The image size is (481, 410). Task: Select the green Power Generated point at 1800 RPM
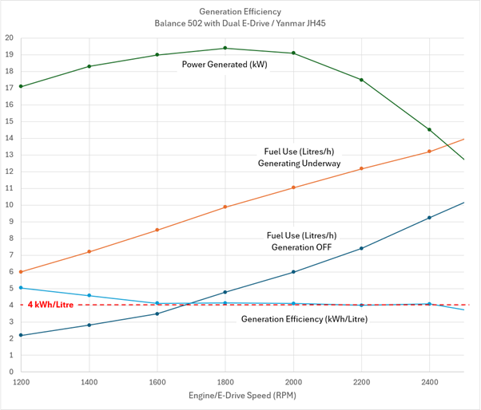(x=225, y=48)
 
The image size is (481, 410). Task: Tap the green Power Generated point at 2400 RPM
(x=430, y=129)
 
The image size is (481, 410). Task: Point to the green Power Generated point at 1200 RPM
(x=22, y=86)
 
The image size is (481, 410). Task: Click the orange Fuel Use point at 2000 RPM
(x=293, y=187)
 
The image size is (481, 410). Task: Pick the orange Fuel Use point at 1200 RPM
(x=22, y=271)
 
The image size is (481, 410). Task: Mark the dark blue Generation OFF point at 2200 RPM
(x=361, y=248)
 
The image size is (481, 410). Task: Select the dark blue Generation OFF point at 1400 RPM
(x=89, y=325)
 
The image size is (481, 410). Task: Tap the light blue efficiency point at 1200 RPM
(x=22, y=288)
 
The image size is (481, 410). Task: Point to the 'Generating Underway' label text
(x=299, y=164)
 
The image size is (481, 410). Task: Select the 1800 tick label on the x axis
(x=225, y=382)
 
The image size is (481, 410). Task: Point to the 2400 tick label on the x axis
(x=430, y=382)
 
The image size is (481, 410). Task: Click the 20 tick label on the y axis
(x=9, y=37)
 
